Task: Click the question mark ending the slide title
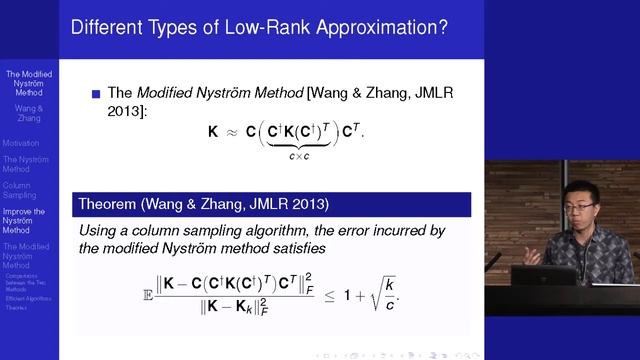[x=442, y=27]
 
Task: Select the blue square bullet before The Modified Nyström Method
[x=97, y=95]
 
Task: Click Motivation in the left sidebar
[x=22, y=143]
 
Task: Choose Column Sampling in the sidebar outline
[x=20, y=190]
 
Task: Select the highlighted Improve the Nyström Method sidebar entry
[x=24, y=221]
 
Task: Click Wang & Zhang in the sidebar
[x=28, y=112]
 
